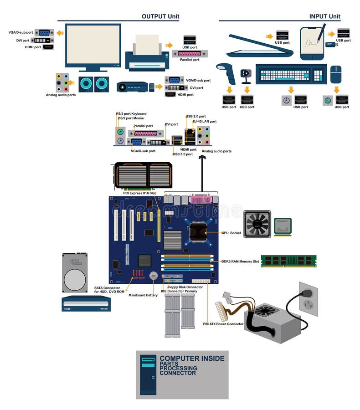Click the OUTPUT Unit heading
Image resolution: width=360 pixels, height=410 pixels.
click(x=160, y=16)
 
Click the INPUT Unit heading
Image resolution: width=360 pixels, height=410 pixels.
click(x=324, y=16)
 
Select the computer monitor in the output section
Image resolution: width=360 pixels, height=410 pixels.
click(x=93, y=46)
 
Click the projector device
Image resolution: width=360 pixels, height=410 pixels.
click(x=134, y=87)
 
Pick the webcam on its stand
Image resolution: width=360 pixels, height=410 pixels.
click(x=246, y=75)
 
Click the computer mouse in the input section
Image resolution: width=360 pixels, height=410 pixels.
click(x=335, y=74)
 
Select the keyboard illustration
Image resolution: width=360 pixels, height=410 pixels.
click(x=291, y=74)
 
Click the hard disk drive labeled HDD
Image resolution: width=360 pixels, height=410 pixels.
click(x=74, y=273)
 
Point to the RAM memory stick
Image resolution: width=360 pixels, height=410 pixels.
click(x=288, y=261)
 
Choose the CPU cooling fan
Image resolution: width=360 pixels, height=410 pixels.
click(x=257, y=224)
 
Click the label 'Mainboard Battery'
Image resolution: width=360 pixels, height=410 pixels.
click(x=143, y=295)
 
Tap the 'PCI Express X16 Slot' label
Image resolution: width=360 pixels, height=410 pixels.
click(x=139, y=193)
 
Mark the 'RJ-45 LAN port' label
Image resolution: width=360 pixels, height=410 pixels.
click(x=204, y=122)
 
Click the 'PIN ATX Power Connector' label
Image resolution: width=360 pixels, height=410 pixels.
click(x=223, y=324)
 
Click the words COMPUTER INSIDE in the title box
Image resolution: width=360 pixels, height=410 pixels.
click(x=192, y=359)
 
